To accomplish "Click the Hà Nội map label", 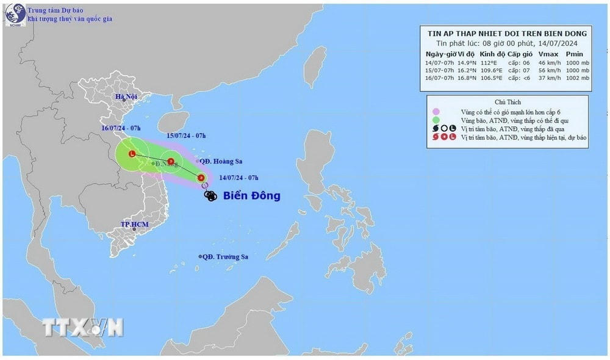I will point(126,97).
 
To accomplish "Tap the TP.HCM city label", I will point(134,225).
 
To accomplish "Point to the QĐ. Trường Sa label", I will point(225,257).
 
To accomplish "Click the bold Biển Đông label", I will point(251,196).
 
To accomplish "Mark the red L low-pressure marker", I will point(132,154).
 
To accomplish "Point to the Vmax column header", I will point(548,54).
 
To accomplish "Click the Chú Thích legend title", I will point(508,102).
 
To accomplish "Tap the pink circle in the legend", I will point(436,112).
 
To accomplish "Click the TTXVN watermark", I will point(83,327).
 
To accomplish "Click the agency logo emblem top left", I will point(13,15).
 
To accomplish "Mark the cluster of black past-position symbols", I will point(210,196).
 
